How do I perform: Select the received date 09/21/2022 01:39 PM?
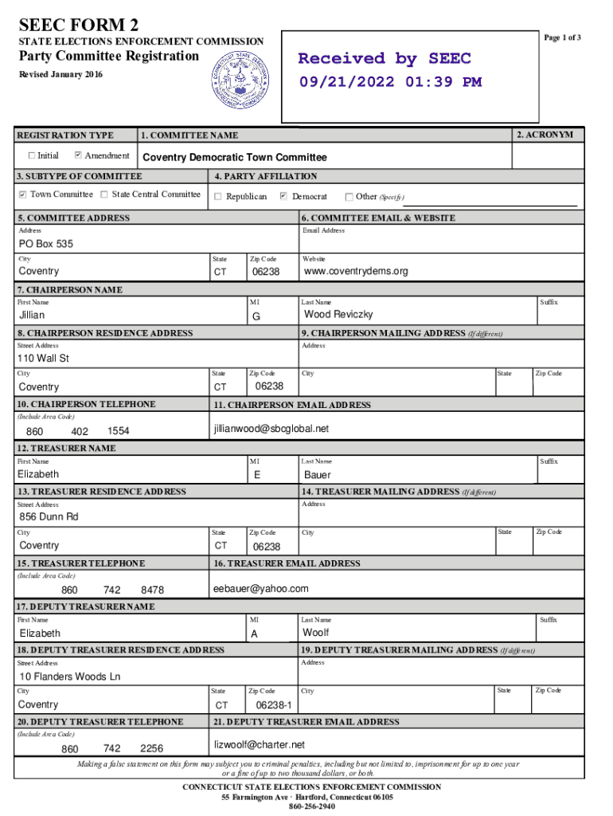click(390, 82)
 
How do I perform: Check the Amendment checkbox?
click(78, 155)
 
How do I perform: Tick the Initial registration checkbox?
click(32, 155)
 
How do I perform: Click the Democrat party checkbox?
click(283, 196)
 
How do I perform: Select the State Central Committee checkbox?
click(105, 194)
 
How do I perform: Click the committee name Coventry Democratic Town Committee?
click(234, 158)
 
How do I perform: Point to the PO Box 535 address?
click(45, 244)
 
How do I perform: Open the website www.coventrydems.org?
click(356, 272)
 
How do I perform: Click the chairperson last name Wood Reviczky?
click(338, 315)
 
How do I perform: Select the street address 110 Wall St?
click(44, 359)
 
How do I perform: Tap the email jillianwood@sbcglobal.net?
click(271, 429)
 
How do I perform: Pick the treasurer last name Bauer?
click(318, 475)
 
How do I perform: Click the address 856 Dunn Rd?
click(49, 517)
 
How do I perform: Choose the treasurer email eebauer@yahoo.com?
click(260, 589)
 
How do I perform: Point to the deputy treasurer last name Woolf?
click(316, 633)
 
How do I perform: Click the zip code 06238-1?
click(274, 705)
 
